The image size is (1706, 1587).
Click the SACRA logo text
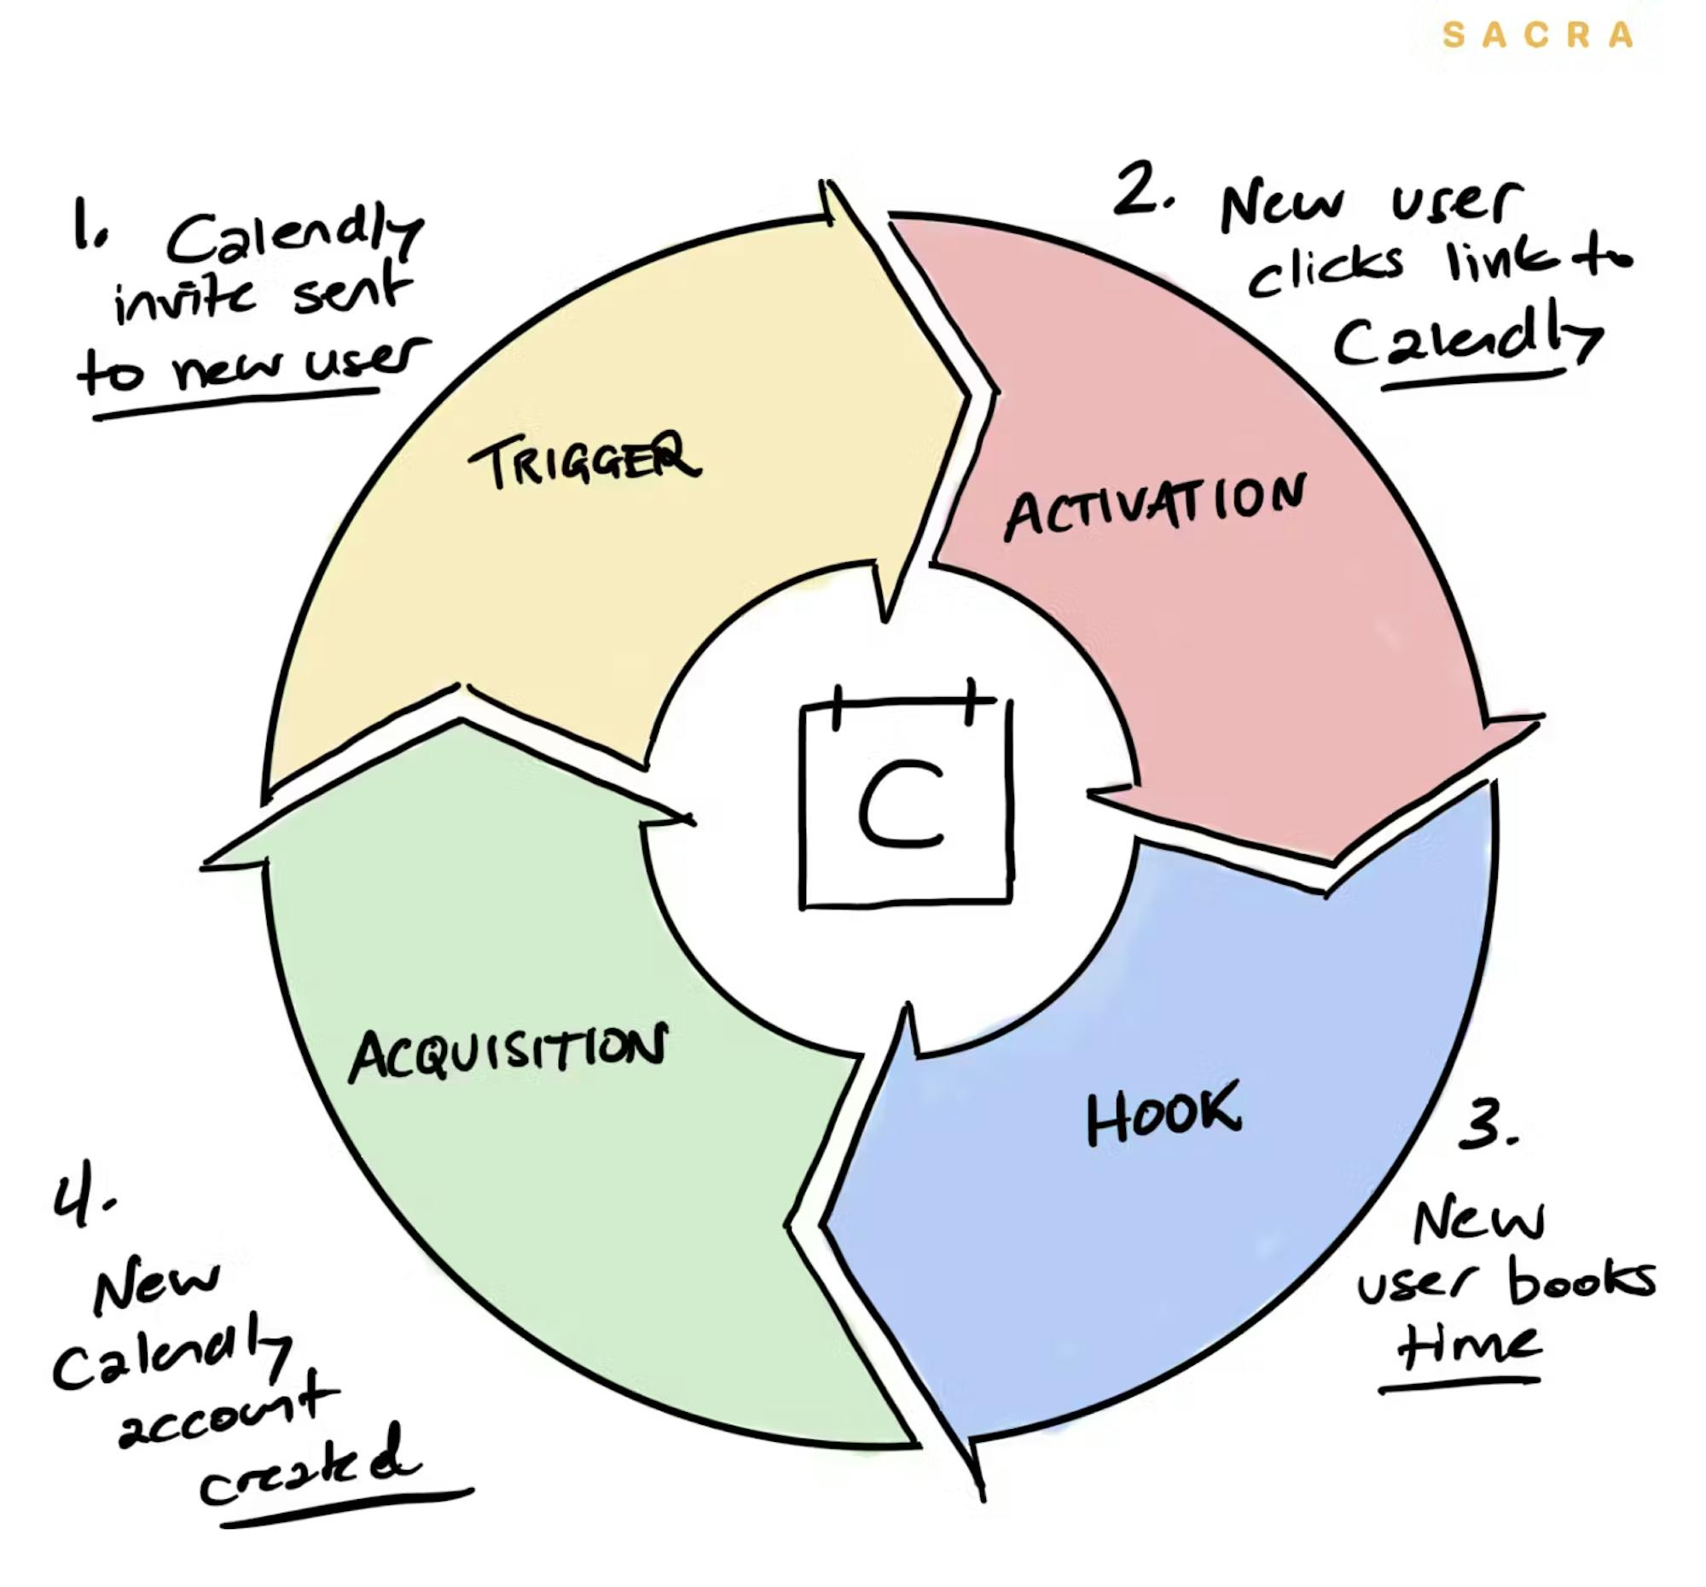[x=1537, y=35]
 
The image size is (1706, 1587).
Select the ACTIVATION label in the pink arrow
[x=1155, y=508]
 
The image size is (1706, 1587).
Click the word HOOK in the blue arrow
[x=1163, y=1113]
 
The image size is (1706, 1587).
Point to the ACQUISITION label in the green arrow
[x=508, y=1050]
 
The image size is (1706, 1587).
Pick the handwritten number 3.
[x=1488, y=1125]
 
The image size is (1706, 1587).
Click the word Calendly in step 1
[x=294, y=238]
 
